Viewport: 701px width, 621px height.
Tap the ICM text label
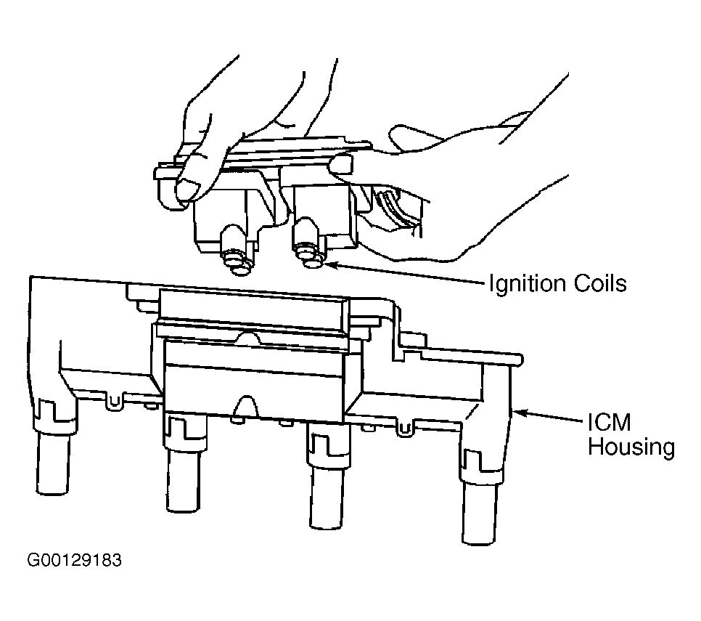click(609, 422)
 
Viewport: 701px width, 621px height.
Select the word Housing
click(631, 447)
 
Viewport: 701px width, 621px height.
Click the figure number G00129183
click(74, 560)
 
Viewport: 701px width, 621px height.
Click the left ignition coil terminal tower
click(237, 250)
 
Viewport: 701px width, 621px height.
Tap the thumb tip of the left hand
click(187, 189)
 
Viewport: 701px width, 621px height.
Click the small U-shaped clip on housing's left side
click(115, 401)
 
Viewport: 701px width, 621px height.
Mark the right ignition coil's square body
click(325, 215)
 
